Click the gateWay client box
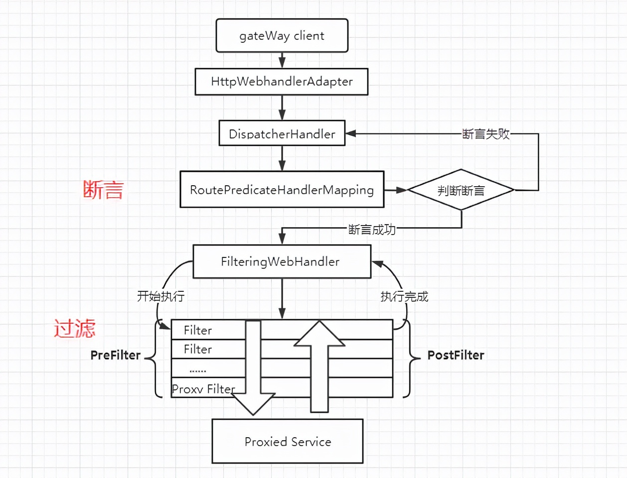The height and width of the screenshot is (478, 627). coord(282,36)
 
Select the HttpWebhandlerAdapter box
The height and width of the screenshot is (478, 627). coord(282,82)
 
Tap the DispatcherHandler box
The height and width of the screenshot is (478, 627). coord(282,133)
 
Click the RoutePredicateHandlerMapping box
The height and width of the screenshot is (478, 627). coord(282,190)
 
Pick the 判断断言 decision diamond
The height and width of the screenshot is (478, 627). coord(461,190)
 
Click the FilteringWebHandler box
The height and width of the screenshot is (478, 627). coord(282,261)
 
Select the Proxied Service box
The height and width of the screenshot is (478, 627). coord(288,442)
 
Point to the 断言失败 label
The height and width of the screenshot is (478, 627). coord(486,133)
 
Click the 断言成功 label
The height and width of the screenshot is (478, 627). coord(372,229)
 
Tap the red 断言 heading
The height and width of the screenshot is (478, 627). coord(103,190)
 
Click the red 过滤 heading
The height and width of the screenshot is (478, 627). coord(75,329)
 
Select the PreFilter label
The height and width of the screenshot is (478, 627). coord(116,355)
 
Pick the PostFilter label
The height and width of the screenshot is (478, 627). coord(456,355)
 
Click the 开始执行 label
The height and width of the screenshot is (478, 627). coord(160,296)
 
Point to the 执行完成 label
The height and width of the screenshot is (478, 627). coord(404,296)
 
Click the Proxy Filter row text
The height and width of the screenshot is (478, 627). coord(203,389)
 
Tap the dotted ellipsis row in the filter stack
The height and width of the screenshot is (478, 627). coord(198,370)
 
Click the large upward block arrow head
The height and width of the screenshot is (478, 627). coord(319,334)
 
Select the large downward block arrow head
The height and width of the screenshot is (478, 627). coord(253,403)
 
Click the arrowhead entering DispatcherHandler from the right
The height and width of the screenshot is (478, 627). coord(351,133)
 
